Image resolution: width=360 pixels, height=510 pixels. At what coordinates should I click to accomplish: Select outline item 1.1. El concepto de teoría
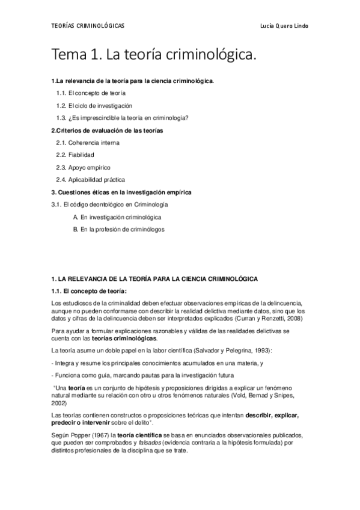point(91,93)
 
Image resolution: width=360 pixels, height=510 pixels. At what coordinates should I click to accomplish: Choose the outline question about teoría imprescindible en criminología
point(122,118)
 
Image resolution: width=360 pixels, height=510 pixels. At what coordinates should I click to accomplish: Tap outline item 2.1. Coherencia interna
point(88,143)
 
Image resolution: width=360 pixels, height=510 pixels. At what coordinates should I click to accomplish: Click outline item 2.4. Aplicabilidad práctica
point(91,180)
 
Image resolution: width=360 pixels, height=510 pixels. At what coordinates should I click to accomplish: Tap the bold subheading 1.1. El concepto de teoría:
point(88,291)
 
